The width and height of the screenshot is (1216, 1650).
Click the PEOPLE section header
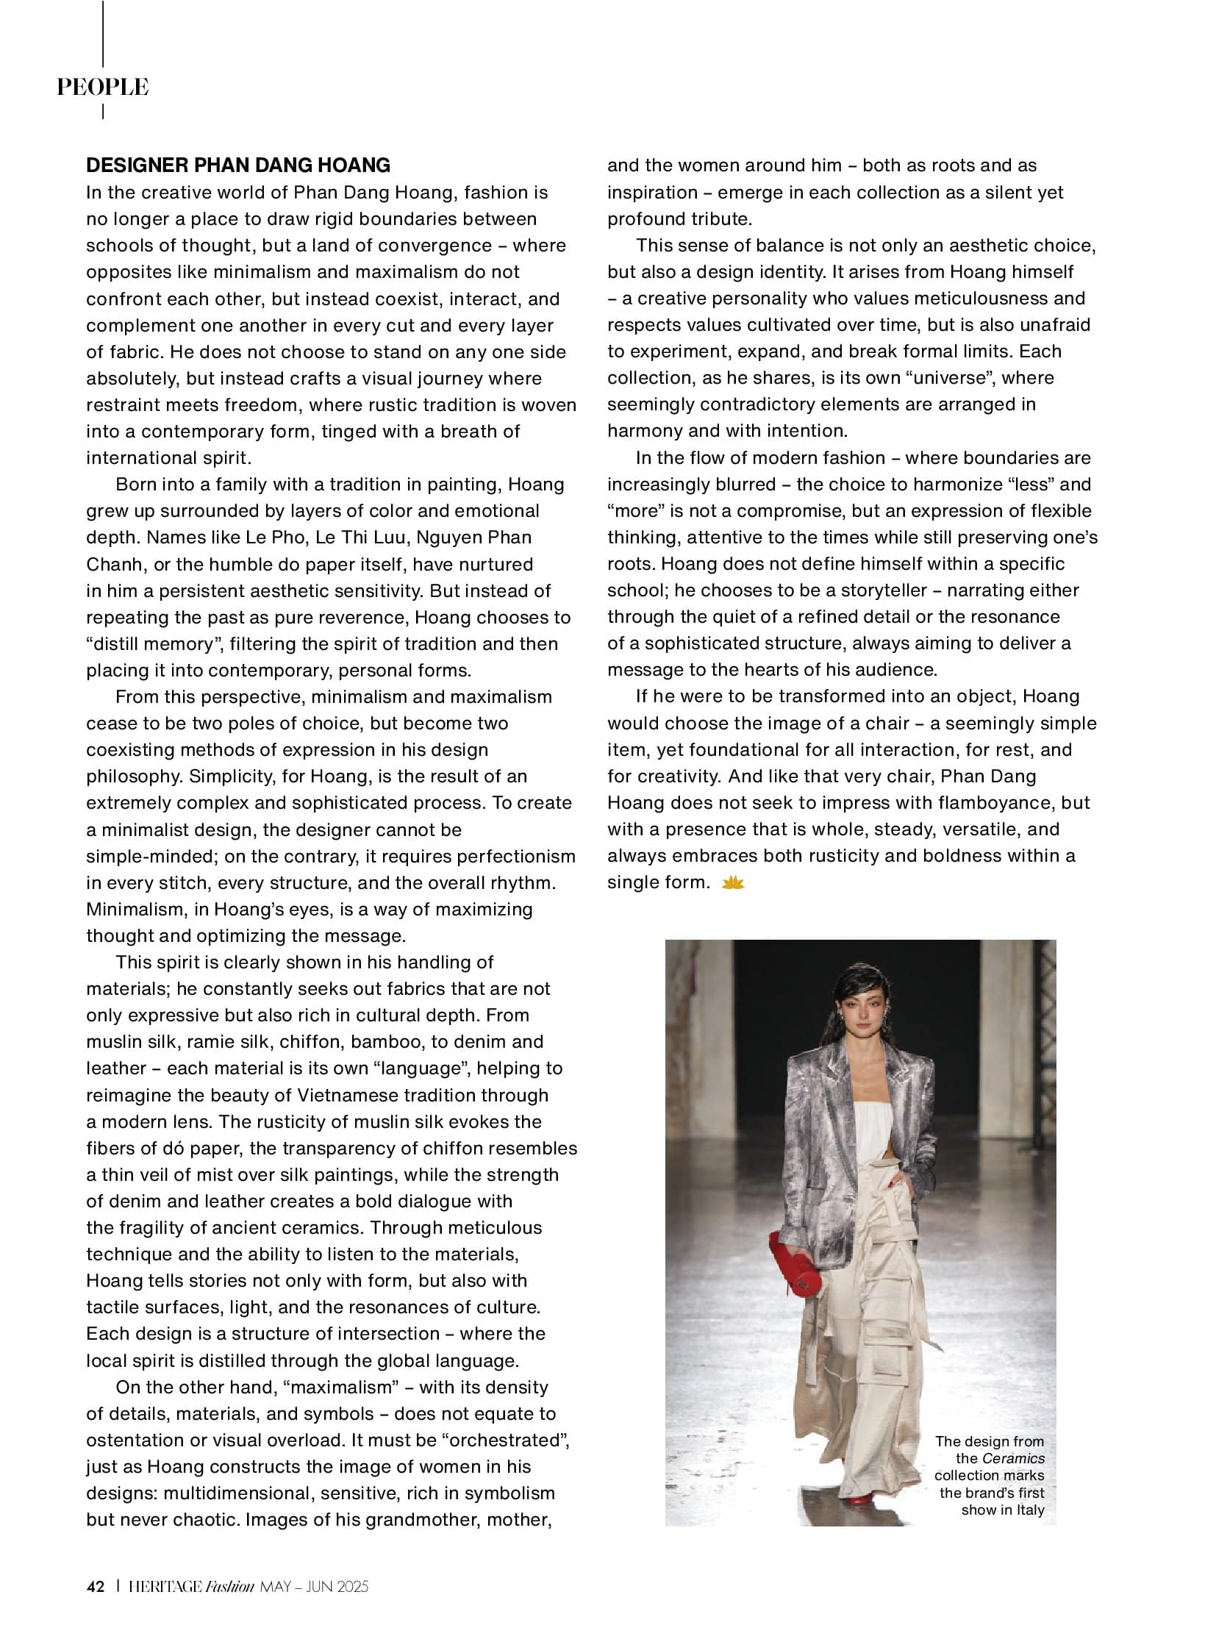[x=103, y=87]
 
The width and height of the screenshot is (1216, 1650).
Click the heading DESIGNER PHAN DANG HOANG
[x=238, y=165]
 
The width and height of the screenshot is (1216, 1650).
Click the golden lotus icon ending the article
[x=733, y=882]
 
